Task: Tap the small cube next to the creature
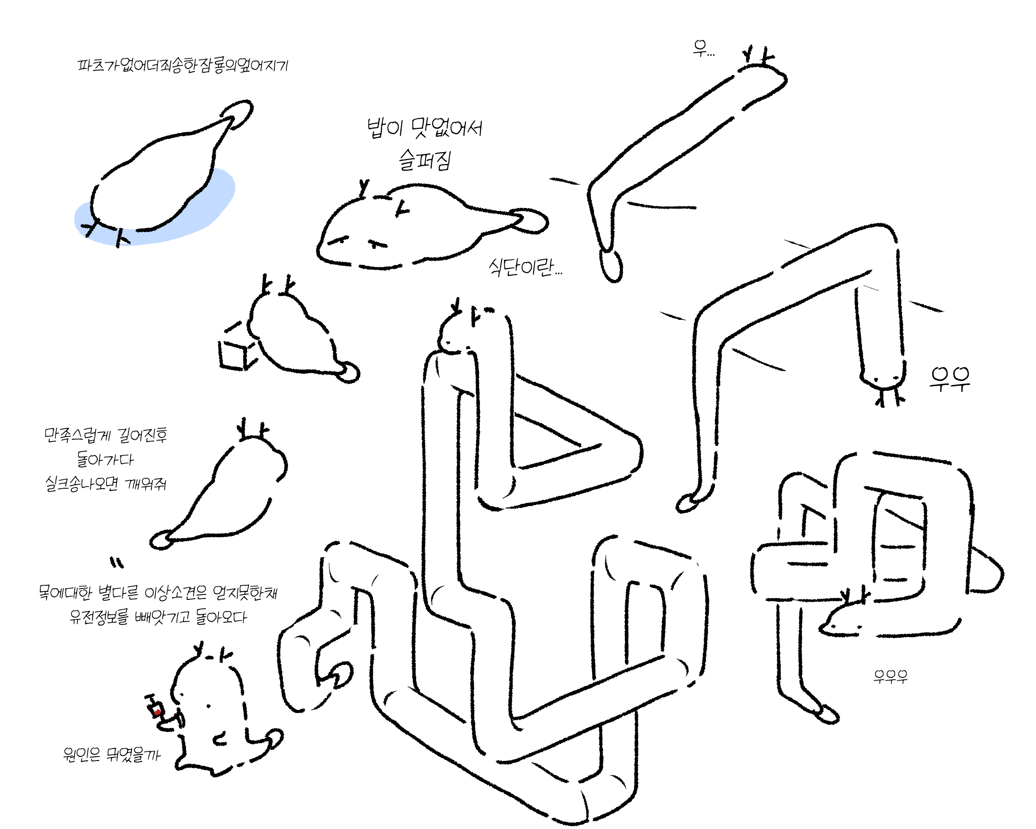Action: click(235, 354)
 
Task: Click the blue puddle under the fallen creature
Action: click(211, 202)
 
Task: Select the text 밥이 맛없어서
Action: click(424, 128)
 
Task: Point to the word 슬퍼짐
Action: click(424, 160)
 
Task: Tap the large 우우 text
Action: click(949, 379)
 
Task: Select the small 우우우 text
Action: click(891, 676)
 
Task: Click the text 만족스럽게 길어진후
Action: click(106, 435)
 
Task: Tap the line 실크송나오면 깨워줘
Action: click(106, 483)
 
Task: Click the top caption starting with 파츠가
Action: click(183, 65)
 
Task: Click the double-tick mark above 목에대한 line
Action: click(116, 562)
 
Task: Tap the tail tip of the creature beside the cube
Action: click(349, 373)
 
